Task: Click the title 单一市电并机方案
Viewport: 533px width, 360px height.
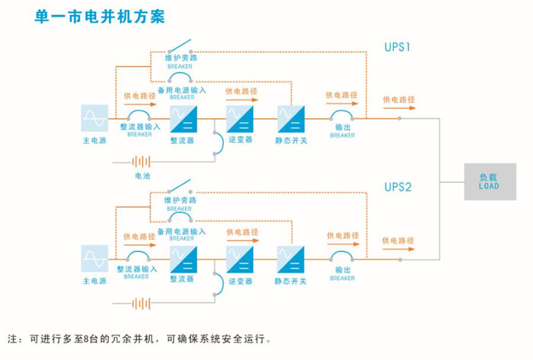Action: pyautogui.click(x=99, y=16)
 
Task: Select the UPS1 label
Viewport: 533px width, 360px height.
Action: pyautogui.click(x=397, y=47)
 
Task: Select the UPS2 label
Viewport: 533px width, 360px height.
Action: pyautogui.click(x=397, y=186)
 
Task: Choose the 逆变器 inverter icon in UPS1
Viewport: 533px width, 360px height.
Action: pyautogui.click(x=239, y=119)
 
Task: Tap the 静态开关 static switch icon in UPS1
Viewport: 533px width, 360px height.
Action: pyautogui.click(x=291, y=119)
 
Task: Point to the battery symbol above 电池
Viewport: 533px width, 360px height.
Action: pyautogui.click(x=142, y=161)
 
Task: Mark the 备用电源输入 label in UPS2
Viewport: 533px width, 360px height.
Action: pyautogui.click(x=181, y=231)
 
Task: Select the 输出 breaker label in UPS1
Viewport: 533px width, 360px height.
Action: pyautogui.click(x=343, y=128)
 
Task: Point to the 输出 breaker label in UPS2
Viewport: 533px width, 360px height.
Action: pyautogui.click(x=343, y=269)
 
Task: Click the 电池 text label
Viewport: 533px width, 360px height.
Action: pyautogui.click(x=142, y=176)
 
